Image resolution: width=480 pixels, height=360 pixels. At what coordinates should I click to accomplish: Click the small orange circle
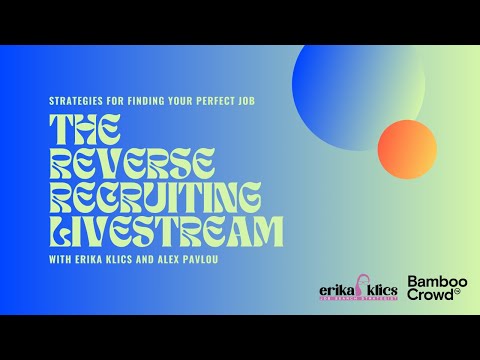[408, 149]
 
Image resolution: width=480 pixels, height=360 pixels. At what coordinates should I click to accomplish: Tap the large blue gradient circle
[357, 83]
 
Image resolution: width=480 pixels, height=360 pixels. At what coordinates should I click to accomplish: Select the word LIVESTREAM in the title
[166, 232]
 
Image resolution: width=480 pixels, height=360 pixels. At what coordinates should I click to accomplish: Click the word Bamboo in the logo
[433, 282]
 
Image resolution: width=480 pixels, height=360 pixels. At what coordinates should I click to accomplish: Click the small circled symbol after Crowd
[458, 293]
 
